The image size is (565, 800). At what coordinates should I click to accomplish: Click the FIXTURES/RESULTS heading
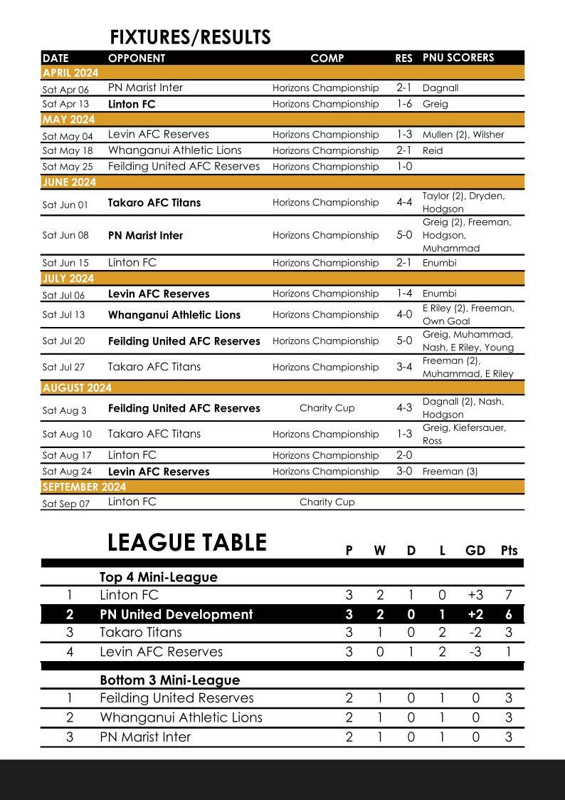click(190, 37)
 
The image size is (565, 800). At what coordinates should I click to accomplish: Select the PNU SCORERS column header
click(458, 58)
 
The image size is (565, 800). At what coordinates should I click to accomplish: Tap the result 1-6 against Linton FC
click(403, 104)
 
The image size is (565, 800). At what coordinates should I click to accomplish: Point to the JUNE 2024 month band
click(69, 182)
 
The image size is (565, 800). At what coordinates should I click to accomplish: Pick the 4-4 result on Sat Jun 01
click(403, 202)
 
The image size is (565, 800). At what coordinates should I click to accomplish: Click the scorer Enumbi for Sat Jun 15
click(439, 263)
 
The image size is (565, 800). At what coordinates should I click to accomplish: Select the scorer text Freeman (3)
click(450, 472)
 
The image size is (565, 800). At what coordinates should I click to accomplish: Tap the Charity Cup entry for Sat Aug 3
click(327, 408)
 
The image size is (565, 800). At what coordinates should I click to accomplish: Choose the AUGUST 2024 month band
click(77, 388)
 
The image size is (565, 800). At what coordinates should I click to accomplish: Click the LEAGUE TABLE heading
click(186, 543)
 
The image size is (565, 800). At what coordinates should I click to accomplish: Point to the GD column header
click(475, 551)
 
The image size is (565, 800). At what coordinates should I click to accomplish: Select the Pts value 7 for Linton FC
click(508, 595)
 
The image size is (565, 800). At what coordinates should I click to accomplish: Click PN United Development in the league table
click(176, 614)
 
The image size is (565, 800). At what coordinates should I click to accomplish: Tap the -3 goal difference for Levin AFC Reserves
click(475, 652)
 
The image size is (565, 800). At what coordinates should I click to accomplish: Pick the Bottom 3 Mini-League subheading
click(169, 680)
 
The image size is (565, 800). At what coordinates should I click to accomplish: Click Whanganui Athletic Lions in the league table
click(181, 717)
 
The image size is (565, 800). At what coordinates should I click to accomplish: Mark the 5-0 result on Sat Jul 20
click(403, 341)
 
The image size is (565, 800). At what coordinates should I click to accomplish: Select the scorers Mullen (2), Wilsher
click(463, 135)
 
